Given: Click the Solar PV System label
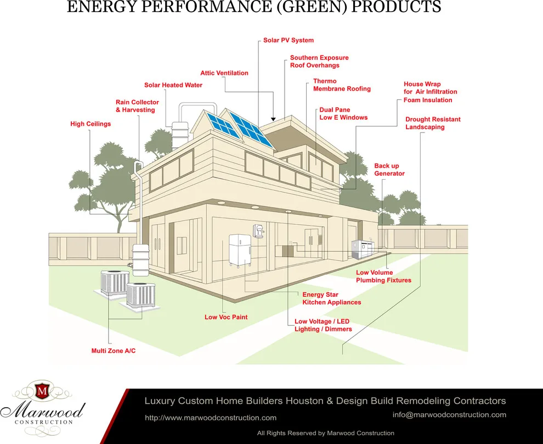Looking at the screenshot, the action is point(289,40).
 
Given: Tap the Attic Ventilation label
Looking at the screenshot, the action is point(224,73).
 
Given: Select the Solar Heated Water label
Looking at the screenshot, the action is point(173,85).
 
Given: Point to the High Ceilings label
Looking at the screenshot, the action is point(90,124).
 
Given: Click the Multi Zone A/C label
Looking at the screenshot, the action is point(113,351).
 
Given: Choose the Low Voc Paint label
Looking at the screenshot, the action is point(226,317).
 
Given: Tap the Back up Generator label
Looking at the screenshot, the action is point(389,170).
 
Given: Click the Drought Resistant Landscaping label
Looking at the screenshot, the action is point(433,123).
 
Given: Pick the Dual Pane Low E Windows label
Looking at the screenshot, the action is point(343,114).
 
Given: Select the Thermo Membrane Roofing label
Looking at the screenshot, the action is point(342,85).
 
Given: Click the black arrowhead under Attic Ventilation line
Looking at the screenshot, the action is point(273,119).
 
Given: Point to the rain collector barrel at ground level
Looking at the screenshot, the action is point(140,260).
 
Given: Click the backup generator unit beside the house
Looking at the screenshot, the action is point(363,248).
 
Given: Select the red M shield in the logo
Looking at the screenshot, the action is point(42,391).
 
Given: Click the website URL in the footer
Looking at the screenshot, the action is point(211,418).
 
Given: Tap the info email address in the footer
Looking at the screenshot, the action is point(449,415).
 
